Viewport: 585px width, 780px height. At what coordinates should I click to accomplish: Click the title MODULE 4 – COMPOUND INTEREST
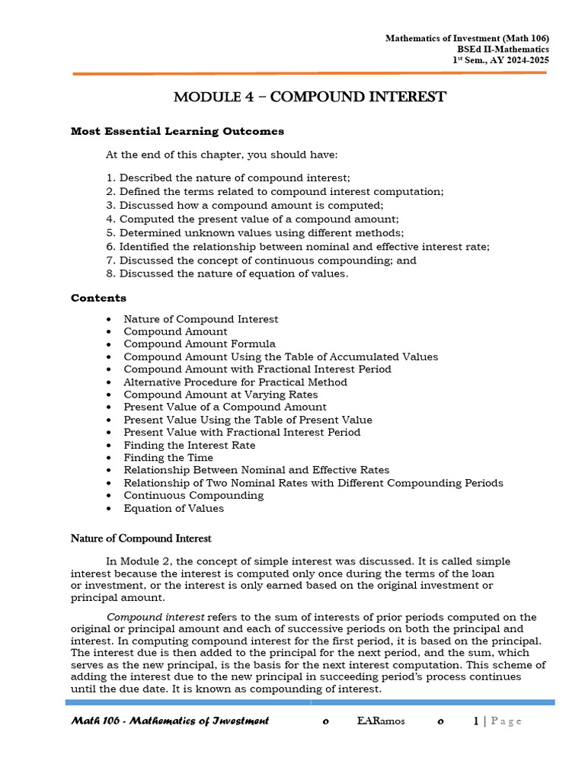click(309, 97)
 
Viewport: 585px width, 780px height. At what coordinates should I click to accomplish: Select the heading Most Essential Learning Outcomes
click(177, 131)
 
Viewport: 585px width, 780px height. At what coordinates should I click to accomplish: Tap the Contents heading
click(98, 298)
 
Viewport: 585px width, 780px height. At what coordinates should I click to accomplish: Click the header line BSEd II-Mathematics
click(503, 49)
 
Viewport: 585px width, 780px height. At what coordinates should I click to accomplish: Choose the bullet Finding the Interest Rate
click(189, 445)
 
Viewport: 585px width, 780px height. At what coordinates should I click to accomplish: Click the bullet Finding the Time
click(168, 458)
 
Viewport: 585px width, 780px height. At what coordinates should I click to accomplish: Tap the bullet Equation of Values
click(174, 508)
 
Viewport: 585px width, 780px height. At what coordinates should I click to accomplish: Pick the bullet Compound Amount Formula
click(200, 344)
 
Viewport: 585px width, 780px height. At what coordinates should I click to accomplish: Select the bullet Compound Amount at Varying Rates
click(220, 395)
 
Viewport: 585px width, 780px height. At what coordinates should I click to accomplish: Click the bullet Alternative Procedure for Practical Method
click(235, 382)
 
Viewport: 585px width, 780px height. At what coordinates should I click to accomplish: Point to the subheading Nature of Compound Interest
click(141, 539)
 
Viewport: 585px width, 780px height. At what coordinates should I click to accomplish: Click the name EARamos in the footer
click(380, 721)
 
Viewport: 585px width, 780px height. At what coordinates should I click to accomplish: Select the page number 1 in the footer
click(477, 721)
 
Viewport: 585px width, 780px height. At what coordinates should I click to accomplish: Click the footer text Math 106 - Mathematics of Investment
click(170, 721)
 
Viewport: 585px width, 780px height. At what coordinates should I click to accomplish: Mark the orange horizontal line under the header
click(309, 73)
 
